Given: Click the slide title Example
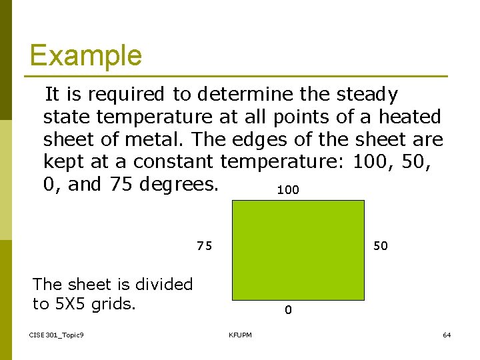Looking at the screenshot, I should pos(85,55).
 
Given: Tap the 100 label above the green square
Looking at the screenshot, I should pos(288,191).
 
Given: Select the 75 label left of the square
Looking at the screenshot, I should pos(204,246).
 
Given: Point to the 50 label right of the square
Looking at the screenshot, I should pos(380,246).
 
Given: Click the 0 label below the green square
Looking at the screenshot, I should pos(287,310).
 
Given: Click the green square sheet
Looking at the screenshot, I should pos(298,250).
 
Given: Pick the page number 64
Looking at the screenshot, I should pos(447,335).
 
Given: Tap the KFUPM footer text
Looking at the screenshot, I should pos(240,335).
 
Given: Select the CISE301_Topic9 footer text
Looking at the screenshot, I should pos(57,335).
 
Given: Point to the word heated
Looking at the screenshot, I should pos(410,117).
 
